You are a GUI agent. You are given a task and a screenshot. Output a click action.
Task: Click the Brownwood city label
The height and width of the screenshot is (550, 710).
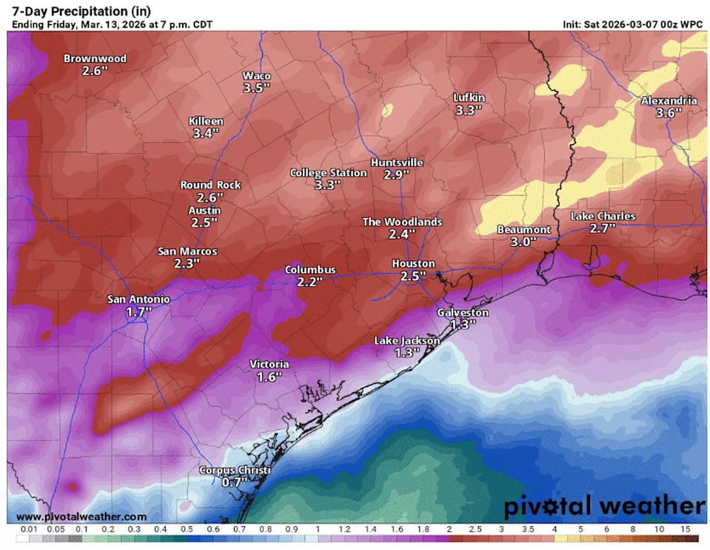pyautogui.click(x=95, y=59)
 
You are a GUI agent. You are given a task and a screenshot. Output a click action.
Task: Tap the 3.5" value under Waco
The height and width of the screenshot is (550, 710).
pyautogui.click(x=256, y=88)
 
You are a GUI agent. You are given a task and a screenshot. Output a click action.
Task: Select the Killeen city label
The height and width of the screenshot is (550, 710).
pyautogui.click(x=207, y=121)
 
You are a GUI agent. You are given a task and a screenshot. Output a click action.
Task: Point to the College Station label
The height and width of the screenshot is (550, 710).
pyautogui.click(x=328, y=173)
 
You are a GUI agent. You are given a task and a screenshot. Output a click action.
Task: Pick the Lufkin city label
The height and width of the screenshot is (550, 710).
pyautogui.click(x=469, y=98)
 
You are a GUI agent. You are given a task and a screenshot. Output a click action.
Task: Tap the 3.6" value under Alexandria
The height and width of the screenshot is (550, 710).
pyautogui.click(x=669, y=113)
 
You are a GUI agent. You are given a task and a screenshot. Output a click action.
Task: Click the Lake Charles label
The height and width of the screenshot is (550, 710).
pyautogui.click(x=603, y=216)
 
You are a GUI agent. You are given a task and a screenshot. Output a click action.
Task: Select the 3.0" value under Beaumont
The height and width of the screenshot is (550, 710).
pyautogui.click(x=523, y=242)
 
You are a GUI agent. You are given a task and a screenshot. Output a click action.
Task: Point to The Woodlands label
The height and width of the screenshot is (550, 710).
pyautogui.click(x=402, y=222)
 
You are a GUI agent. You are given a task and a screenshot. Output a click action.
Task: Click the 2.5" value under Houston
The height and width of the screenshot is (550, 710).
pyautogui.click(x=412, y=276)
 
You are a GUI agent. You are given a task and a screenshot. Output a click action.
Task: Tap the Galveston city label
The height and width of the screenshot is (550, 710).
pyautogui.click(x=463, y=312)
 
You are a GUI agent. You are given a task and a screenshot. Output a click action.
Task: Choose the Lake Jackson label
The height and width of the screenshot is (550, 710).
pyautogui.click(x=406, y=340)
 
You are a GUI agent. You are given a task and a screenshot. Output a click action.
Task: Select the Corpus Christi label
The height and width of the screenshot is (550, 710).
pyautogui.click(x=235, y=471)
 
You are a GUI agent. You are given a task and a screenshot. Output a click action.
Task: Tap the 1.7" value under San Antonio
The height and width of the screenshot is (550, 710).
pyautogui.click(x=138, y=312)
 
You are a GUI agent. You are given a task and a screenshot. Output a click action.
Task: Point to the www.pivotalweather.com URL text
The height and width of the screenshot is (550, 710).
pyautogui.click(x=81, y=516)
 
